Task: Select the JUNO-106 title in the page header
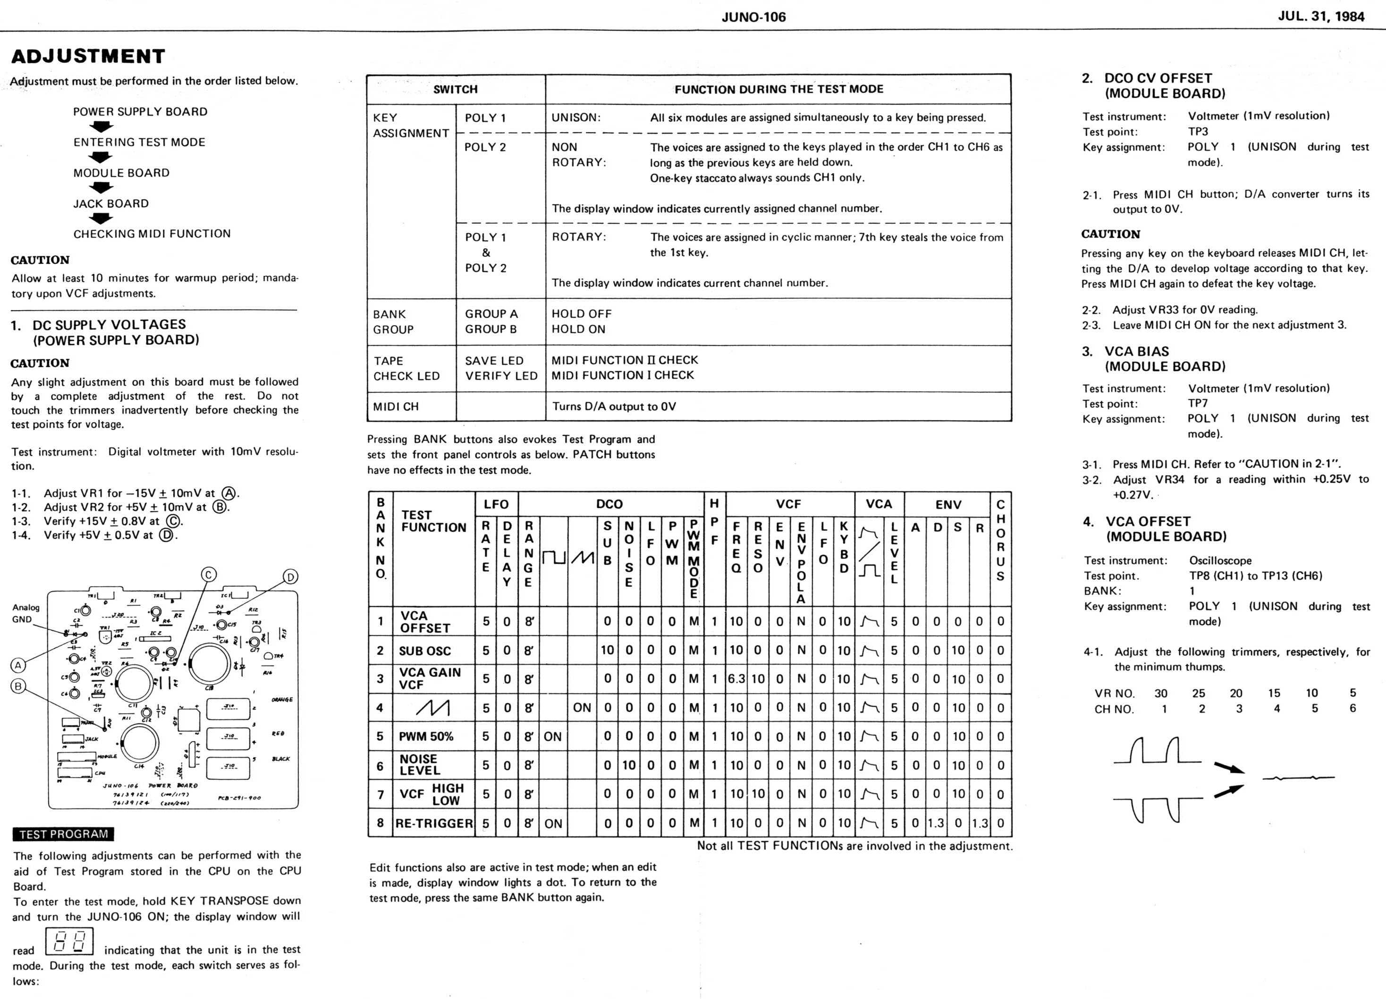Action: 753,17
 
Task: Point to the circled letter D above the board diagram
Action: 290,577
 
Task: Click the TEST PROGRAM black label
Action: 63,834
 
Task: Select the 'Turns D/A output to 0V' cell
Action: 614,406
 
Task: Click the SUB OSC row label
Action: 425,651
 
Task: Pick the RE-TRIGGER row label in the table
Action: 434,823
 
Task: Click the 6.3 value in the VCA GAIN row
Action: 736,679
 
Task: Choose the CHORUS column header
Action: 1000,540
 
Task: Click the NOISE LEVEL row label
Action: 420,764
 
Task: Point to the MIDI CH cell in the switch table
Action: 396,406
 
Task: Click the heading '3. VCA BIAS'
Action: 1137,351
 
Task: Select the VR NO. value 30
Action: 1160,693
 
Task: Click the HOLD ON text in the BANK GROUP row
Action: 578,330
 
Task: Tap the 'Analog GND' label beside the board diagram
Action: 25,613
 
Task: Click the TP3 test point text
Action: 1198,131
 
